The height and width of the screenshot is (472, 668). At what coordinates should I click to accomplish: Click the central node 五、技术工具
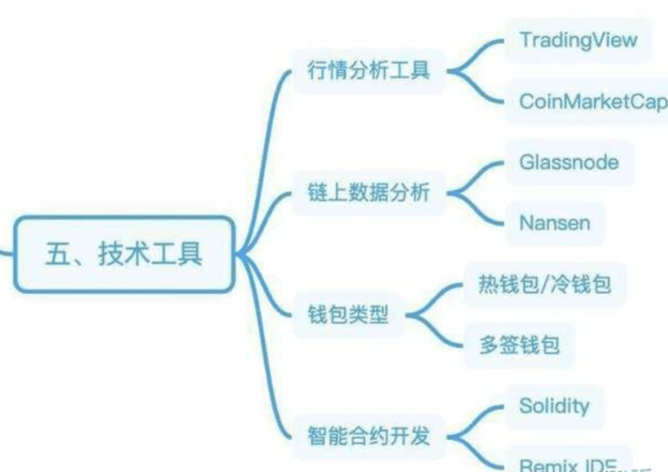pos(125,254)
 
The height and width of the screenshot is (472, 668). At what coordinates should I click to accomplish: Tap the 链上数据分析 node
pos(369,194)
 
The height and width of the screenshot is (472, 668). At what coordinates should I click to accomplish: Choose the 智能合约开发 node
pos(369,436)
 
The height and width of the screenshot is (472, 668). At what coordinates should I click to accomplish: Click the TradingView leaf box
pos(578,40)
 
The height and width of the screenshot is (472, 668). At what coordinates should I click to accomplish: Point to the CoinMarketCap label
pos(592,101)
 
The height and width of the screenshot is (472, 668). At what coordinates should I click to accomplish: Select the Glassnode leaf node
pos(568,163)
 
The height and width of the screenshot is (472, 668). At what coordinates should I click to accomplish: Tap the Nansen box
pos(554,222)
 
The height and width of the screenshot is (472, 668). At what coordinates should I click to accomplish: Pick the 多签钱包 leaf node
pos(519,345)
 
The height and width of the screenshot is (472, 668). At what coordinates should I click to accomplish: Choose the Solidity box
pos(554,406)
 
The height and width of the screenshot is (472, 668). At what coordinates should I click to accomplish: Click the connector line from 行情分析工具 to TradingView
pos(476,52)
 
